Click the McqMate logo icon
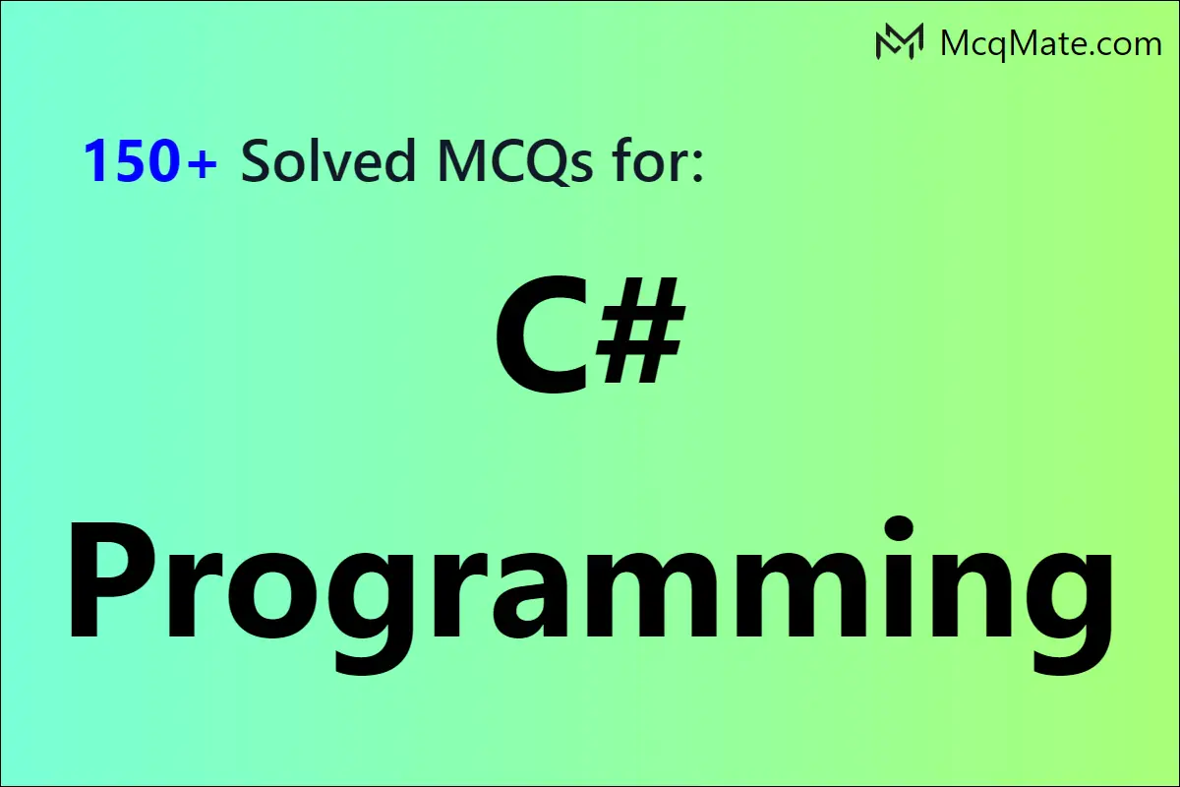899,41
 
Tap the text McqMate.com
1051,44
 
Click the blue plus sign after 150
202,163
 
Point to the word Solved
328,159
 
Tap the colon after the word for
697,166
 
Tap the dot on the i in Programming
897,528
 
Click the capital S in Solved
257,160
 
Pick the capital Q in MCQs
545,162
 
